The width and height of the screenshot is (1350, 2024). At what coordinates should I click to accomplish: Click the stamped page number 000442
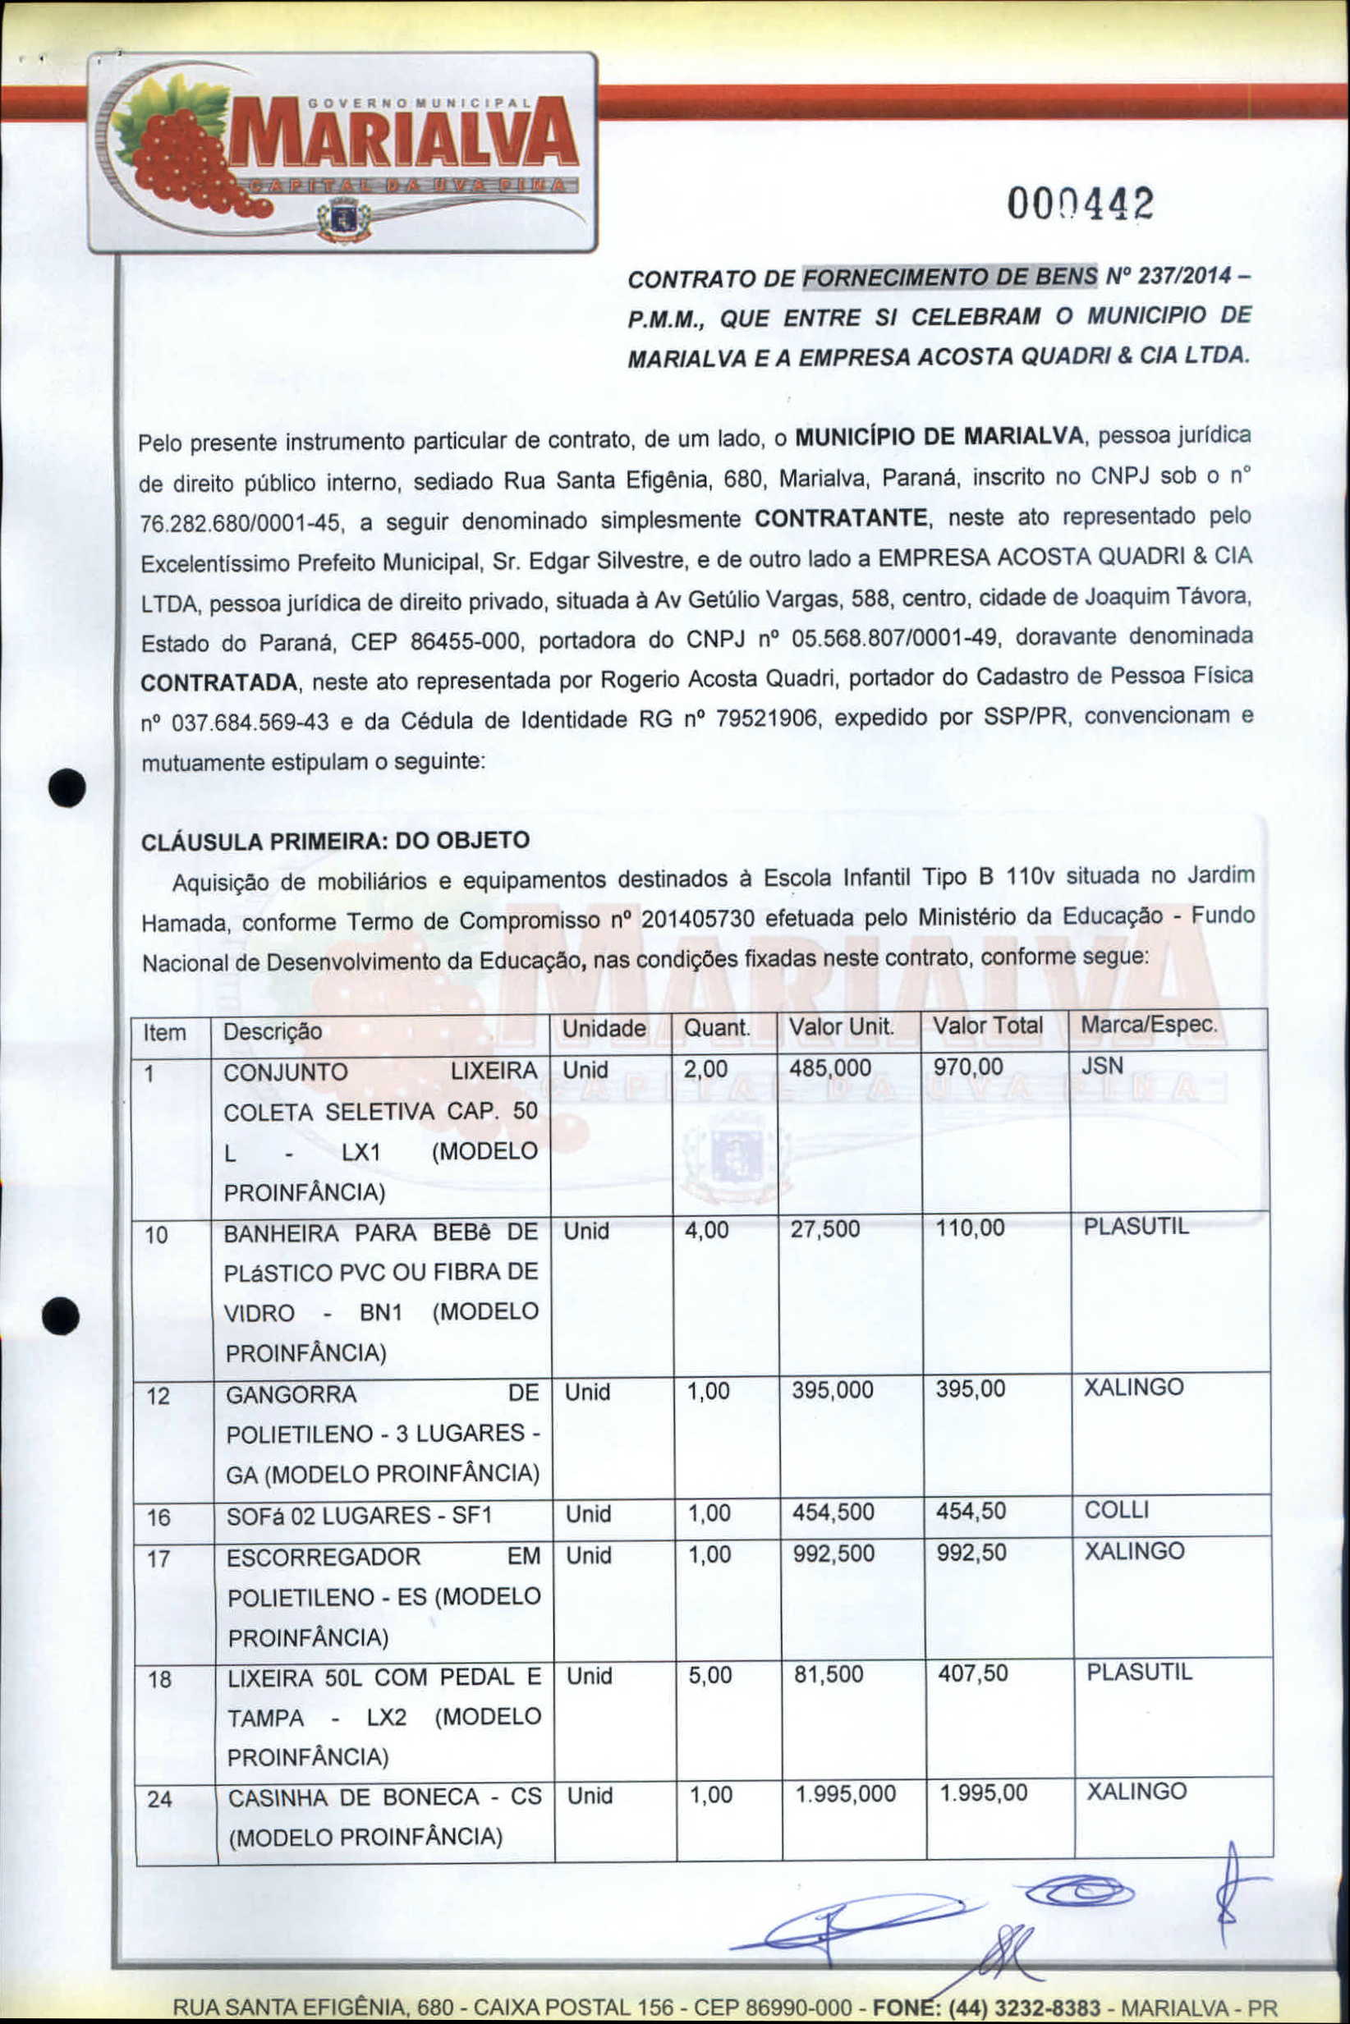1081,205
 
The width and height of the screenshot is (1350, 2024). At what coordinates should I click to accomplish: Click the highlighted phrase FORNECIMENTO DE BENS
949,278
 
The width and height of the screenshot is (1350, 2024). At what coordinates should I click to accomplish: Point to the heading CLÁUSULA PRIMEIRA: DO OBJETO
335,840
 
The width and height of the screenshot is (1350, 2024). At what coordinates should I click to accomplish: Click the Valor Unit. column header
841,1026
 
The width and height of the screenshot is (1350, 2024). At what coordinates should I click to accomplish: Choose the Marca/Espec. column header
1149,1025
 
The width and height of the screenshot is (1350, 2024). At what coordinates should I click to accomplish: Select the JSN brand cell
1102,1066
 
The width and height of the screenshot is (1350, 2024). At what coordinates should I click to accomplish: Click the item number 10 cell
157,1236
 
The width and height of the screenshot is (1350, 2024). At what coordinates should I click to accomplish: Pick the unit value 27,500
824,1229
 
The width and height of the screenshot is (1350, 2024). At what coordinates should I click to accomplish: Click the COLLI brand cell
1116,1510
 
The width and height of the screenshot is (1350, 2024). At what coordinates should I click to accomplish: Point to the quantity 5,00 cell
709,1674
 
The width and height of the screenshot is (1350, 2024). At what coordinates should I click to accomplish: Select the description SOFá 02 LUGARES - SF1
359,1515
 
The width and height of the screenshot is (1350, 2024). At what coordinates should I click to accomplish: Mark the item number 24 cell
159,1799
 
